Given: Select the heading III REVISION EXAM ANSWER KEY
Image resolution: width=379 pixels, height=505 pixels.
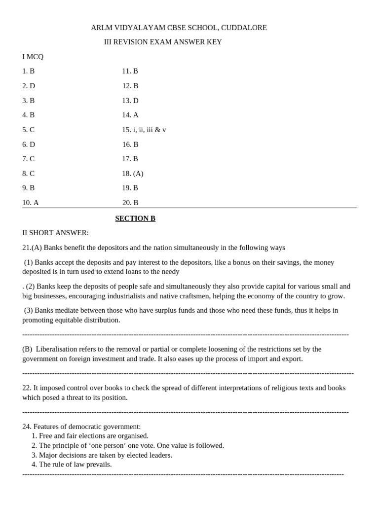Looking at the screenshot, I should coord(163,42).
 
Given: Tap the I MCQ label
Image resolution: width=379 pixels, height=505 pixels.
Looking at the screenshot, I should coord(33,57).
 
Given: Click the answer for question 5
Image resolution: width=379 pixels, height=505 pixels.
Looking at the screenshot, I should coord(28,130).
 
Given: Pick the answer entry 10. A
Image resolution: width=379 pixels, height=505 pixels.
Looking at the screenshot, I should coord(30,203).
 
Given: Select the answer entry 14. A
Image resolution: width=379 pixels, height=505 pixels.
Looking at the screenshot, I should coord(130,115).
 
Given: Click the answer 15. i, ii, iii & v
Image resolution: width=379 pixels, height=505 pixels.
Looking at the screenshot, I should coord(144,130).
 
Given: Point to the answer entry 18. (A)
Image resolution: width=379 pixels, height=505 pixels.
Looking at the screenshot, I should coord(133,174).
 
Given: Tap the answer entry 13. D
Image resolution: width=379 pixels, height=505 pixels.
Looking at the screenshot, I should coord(130,101).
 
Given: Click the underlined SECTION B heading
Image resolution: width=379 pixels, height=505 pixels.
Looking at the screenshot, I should coord(135,218).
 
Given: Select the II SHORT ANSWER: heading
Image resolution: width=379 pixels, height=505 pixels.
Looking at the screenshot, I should coord(55,233).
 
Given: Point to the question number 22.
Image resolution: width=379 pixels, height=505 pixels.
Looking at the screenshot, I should coord(27,388).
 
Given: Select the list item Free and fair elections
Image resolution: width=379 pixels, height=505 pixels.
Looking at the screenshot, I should coord(90,436).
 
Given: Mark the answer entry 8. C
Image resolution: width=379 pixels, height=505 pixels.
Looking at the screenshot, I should coord(28,174).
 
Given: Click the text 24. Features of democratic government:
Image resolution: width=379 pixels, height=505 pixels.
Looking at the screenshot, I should coord(81,427).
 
